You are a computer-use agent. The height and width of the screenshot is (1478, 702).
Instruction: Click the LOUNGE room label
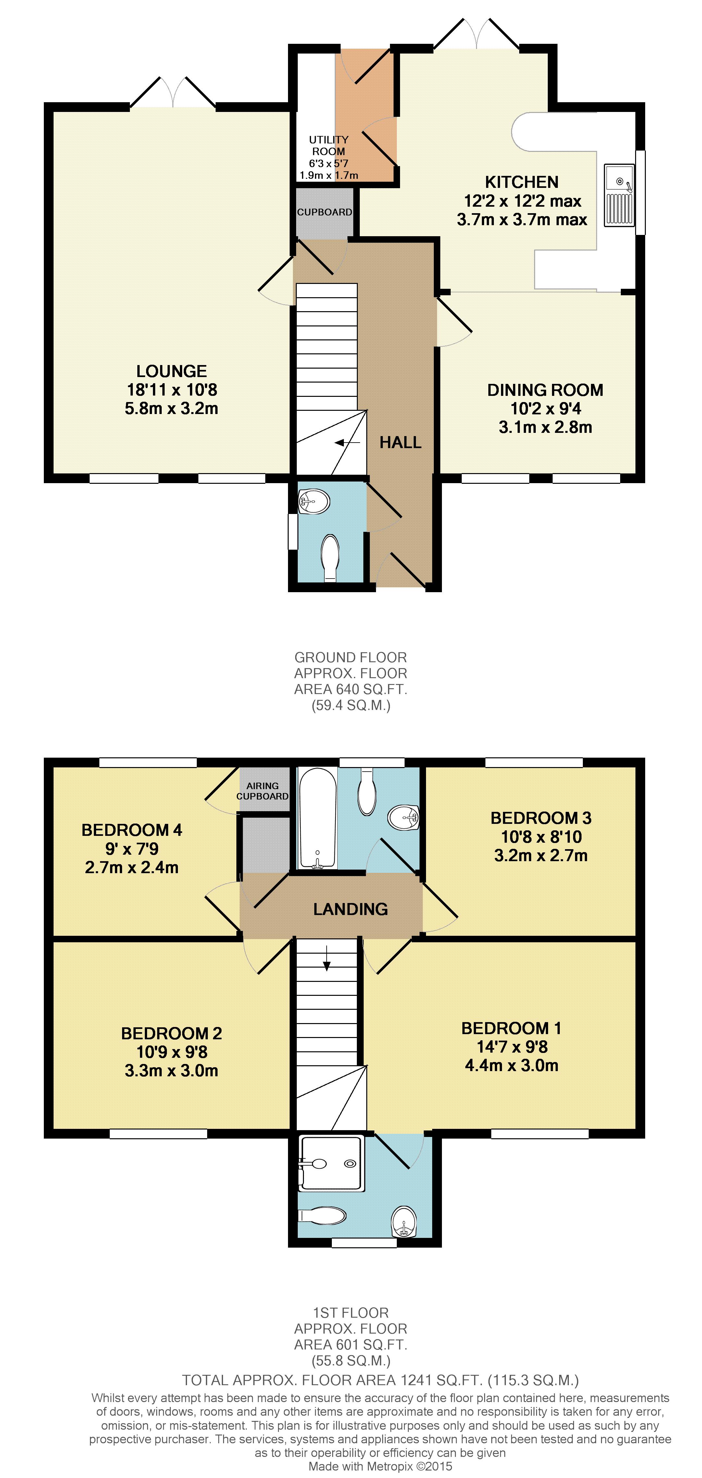coord(172,371)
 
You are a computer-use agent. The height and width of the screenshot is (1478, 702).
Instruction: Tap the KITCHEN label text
coord(522,182)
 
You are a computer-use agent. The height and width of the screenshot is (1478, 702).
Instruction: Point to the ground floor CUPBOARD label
coord(324,212)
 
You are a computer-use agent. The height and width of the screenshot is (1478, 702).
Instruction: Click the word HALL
coord(401,442)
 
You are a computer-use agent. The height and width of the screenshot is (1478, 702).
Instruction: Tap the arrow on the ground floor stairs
coord(347,442)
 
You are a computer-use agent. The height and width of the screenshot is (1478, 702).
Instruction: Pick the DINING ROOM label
coord(545,390)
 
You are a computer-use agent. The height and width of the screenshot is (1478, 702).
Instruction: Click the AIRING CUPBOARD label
coord(262,791)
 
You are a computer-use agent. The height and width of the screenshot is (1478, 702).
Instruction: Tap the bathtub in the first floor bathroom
coord(317,818)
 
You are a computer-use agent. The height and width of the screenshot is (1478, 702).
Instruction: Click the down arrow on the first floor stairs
coord(327,958)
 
